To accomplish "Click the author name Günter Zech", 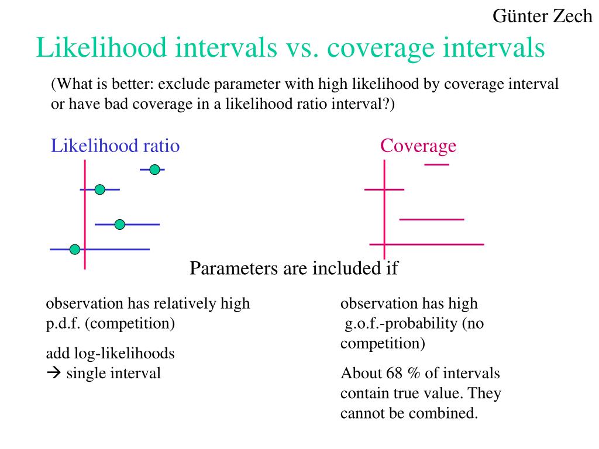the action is coord(542,16).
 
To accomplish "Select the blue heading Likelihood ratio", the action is coord(115,146).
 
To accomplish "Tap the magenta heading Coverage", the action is coord(418,146).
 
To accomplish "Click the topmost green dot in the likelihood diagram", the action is coord(154,170).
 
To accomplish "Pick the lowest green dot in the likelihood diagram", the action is coord(75,250).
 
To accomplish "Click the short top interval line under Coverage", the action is coord(436,164).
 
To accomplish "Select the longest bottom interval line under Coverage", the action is coord(426,244).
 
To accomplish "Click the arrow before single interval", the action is coord(54,372).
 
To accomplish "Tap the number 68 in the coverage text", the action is coord(394,373).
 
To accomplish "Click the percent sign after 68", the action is coord(414,373).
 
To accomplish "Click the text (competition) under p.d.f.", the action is coord(130,324).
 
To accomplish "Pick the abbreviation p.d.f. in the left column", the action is coord(63,324).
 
